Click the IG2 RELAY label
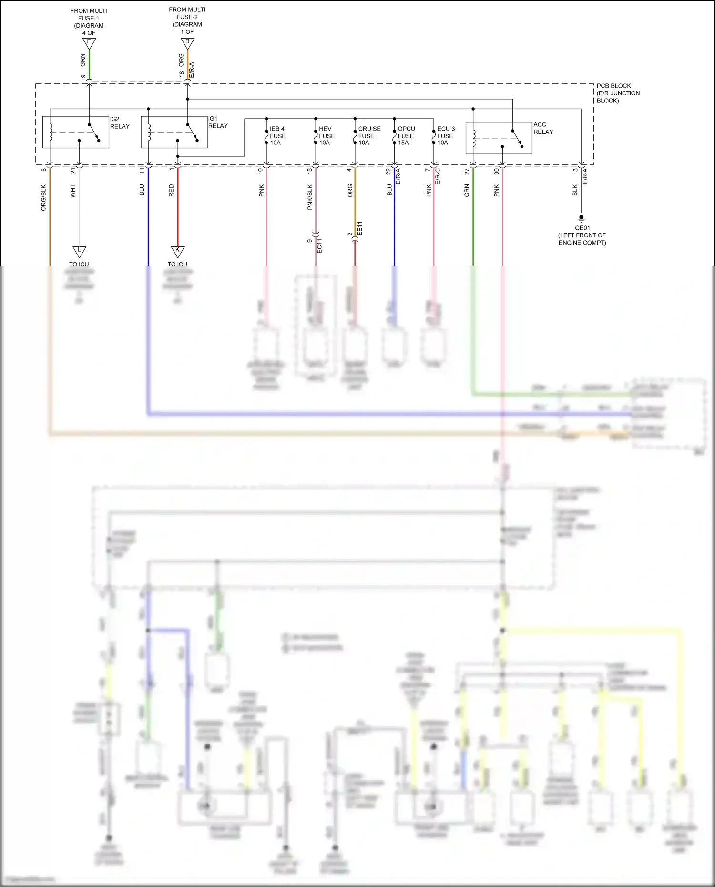point(120,123)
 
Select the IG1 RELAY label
point(218,122)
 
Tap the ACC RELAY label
point(543,128)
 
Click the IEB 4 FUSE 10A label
point(277,136)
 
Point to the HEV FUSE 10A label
point(327,136)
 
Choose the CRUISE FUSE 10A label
point(369,136)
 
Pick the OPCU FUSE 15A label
point(406,136)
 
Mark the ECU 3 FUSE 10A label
point(446,136)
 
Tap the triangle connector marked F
point(89,43)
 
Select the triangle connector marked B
point(187,43)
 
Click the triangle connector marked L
point(79,251)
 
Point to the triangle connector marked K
point(178,251)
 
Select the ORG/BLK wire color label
point(43,198)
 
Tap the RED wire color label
point(171,191)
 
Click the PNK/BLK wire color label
point(310,197)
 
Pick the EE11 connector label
point(360,228)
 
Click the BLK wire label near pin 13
point(575,191)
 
